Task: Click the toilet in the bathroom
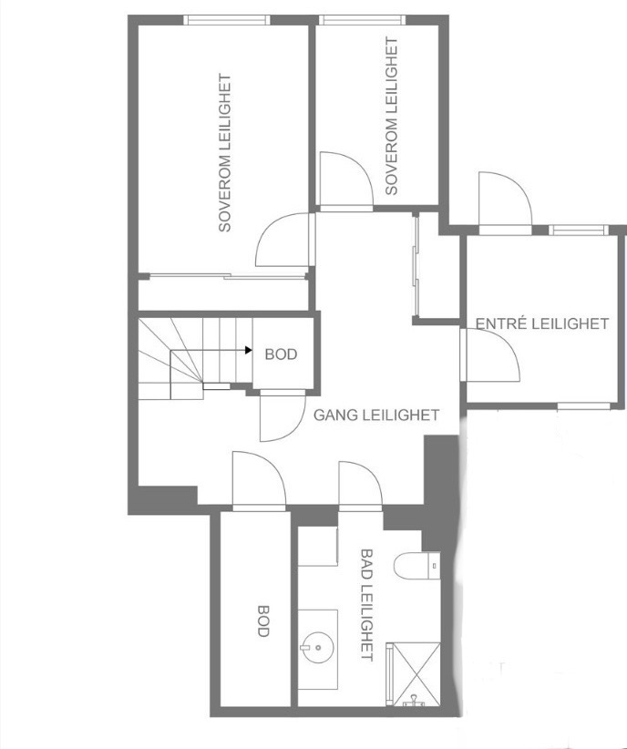pos(416,566)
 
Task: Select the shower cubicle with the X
pos(416,674)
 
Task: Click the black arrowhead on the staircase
pos(249,350)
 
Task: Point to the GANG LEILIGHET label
pos(376,415)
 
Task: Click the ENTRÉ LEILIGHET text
pos(542,323)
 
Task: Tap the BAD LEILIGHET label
pos(366,605)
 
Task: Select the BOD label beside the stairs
pos(281,354)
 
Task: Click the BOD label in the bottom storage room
pos(263,621)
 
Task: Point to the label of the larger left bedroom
pos(224,152)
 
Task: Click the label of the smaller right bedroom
pos(391,116)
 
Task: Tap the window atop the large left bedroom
pos(227,19)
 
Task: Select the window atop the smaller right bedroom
pos(362,19)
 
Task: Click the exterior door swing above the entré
pos(506,203)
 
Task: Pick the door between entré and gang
pos(490,355)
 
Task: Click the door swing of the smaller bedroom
pos(346,181)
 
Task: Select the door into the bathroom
pos(360,485)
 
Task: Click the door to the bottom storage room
pos(259,480)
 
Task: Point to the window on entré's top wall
pos(579,231)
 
